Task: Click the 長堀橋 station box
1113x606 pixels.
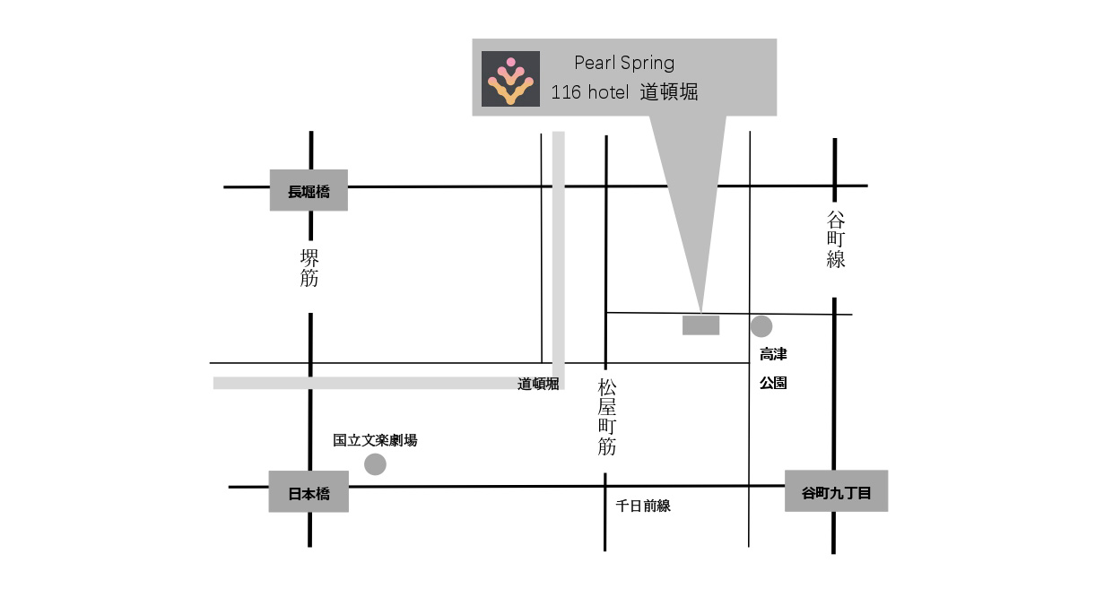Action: [x=309, y=190]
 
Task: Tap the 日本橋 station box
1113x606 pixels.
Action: [x=309, y=491]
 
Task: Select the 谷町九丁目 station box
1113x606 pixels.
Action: [x=836, y=490]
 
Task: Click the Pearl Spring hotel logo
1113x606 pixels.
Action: [x=510, y=79]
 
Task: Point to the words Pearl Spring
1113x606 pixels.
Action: [x=624, y=63]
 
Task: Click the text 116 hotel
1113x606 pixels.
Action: [x=590, y=92]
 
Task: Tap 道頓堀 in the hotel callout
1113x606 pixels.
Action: [x=669, y=92]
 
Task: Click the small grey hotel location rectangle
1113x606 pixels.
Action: [x=700, y=325]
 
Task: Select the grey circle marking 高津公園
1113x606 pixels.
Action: [x=761, y=326]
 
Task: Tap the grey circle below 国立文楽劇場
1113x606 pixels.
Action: [x=375, y=464]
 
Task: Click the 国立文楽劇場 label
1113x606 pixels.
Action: [x=375, y=440]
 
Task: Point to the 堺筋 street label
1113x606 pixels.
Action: [x=309, y=268]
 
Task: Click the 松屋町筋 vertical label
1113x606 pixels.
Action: [x=606, y=417]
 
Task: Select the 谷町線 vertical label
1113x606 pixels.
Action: [x=836, y=239]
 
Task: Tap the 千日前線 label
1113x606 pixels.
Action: [x=643, y=506]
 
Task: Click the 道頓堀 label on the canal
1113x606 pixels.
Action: [x=538, y=384]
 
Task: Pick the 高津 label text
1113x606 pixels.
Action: [x=773, y=354]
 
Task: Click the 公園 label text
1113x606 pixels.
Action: [x=773, y=383]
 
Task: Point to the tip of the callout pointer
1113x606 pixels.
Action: [x=701, y=313]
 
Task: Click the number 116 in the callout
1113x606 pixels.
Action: [x=566, y=92]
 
